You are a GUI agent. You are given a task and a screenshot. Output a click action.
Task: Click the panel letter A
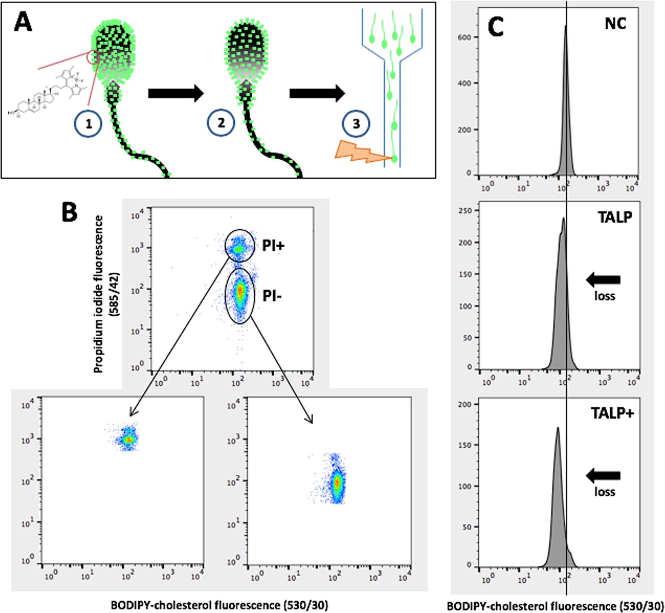click(23, 22)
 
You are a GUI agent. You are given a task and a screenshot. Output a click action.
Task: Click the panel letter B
click(69, 212)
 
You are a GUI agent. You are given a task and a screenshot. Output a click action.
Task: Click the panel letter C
click(495, 27)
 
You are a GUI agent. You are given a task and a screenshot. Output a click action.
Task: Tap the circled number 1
click(88, 124)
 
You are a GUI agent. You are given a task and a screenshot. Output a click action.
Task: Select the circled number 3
click(356, 123)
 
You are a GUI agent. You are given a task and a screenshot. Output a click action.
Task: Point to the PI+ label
click(273, 246)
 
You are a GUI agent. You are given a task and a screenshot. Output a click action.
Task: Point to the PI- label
click(272, 296)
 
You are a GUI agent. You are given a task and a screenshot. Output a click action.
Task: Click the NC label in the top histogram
click(615, 23)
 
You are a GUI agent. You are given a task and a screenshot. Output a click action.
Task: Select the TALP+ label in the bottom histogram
click(612, 414)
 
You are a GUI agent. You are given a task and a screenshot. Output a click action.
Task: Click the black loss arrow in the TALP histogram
click(603, 279)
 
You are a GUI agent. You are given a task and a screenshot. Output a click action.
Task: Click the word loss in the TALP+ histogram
click(605, 491)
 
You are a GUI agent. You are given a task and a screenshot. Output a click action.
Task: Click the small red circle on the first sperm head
click(93, 57)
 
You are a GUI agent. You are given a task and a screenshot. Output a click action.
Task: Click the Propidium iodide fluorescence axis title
click(104, 293)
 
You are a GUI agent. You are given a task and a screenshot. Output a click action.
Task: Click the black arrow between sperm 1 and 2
click(175, 93)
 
